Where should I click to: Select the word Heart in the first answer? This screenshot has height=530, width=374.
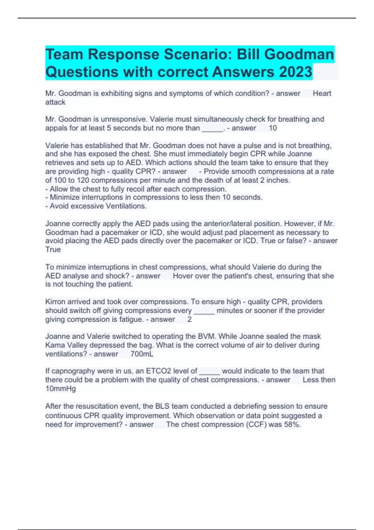tap(322, 94)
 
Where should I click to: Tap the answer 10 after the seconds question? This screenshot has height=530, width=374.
tap(273, 128)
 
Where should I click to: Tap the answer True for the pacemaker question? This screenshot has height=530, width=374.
tap(53, 249)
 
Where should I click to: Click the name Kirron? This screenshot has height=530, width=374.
tap(56, 302)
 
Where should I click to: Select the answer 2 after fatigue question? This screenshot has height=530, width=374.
tap(189, 319)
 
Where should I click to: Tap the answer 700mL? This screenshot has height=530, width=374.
tap(142, 354)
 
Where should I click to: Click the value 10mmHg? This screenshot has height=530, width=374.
tap(60, 388)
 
